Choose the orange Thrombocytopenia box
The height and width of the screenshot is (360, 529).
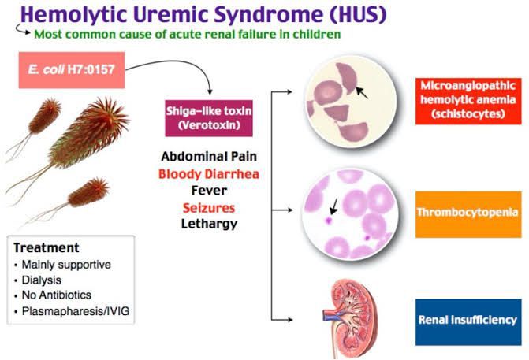[x=471, y=213]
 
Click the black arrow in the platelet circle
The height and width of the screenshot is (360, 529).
[x=334, y=206]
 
